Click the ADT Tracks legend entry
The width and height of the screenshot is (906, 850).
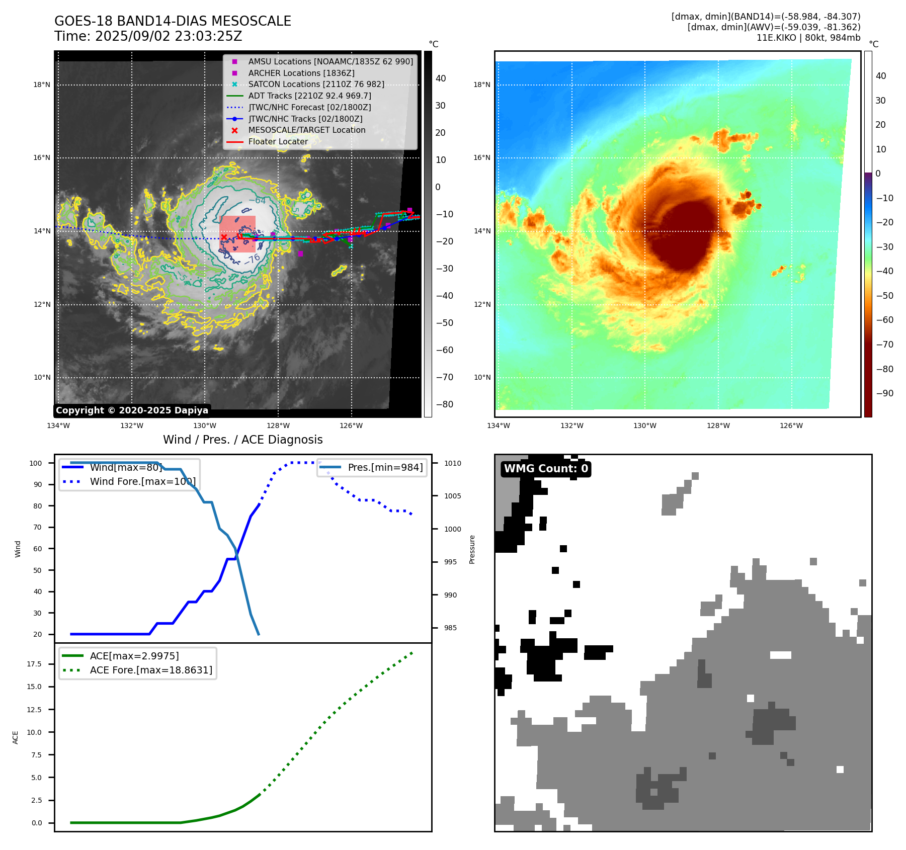pos(309,96)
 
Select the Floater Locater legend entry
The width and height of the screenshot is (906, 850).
pos(278,141)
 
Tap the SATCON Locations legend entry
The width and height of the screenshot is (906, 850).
pos(316,84)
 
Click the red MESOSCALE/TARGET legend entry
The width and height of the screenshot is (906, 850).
pos(306,130)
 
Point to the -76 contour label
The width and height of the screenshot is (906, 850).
pos(252,259)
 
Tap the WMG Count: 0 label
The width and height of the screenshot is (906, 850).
pos(546,469)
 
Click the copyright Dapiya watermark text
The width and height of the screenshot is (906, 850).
pos(132,410)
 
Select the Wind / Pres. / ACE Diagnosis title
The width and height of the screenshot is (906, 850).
pos(242,440)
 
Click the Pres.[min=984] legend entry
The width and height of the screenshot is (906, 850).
pos(385,467)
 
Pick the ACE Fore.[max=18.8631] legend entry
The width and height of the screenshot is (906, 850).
pos(151,670)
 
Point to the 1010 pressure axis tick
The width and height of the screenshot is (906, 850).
pos(452,463)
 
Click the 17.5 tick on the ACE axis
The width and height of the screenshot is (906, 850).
pos(34,664)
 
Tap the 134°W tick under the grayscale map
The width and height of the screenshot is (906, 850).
pos(58,426)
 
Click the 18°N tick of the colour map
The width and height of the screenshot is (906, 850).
pos(481,84)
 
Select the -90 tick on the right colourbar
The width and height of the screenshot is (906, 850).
pos(884,393)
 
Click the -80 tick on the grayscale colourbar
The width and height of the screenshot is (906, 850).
pos(445,404)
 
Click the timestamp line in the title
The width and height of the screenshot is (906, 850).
pos(148,36)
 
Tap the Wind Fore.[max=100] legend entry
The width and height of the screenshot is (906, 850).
pos(142,481)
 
